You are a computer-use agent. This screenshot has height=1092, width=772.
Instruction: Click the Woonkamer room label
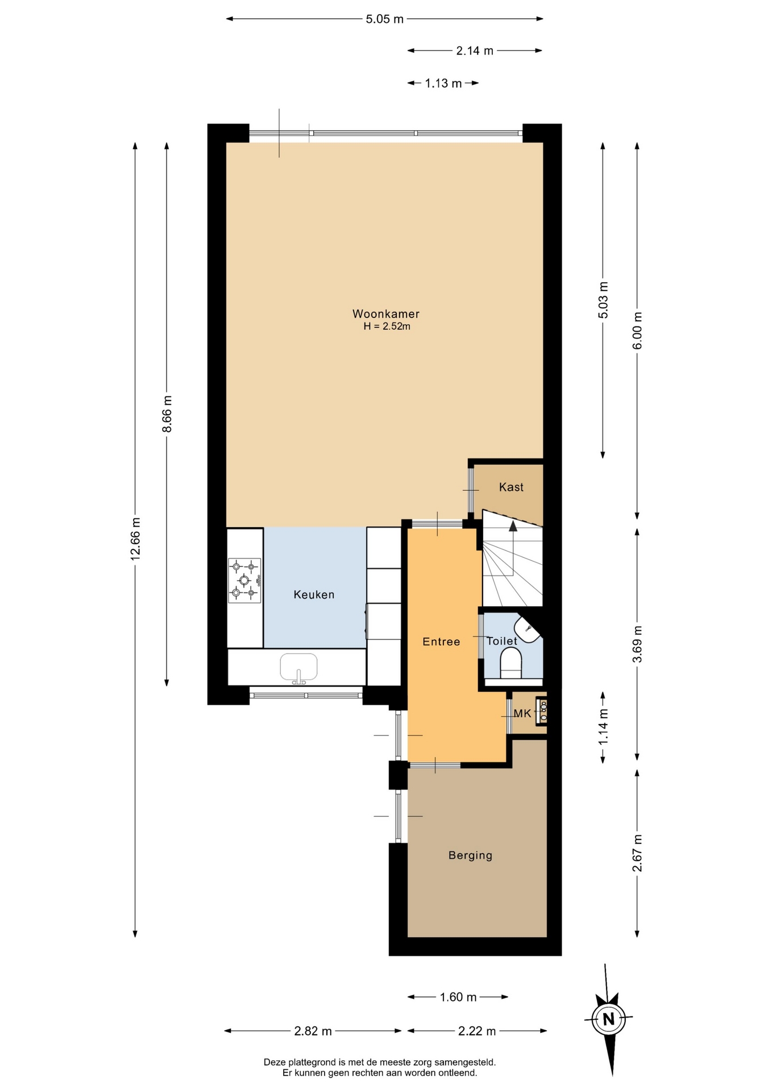tap(386, 314)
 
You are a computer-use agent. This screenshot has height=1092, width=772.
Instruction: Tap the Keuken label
tap(314, 595)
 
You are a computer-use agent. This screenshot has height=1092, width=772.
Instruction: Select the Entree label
tap(441, 642)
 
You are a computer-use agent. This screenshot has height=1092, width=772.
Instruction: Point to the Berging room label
tap(470, 855)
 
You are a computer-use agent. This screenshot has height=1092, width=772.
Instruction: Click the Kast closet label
tap(511, 487)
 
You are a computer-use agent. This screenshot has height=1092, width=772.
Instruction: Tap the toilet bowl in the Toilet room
tap(510, 664)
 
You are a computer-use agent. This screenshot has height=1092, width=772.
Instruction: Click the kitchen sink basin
tap(298, 667)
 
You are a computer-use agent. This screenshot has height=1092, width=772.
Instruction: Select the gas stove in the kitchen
tap(244, 580)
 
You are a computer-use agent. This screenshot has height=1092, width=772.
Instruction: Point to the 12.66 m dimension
tap(135, 539)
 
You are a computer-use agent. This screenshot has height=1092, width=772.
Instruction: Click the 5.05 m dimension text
tap(384, 19)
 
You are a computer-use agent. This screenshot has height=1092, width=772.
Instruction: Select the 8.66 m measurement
tap(167, 414)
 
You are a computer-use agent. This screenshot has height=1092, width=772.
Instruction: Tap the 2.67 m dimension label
tap(637, 853)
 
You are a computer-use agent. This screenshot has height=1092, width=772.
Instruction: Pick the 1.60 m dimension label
tap(458, 997)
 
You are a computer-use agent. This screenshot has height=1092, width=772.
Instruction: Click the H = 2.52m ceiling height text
tap(387, 326)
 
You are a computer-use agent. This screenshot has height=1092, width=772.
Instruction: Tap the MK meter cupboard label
tap(522, 713)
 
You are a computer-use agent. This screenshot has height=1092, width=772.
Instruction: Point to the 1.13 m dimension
tap(443, 84)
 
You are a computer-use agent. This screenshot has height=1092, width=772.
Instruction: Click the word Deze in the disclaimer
tap(273, 1062)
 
